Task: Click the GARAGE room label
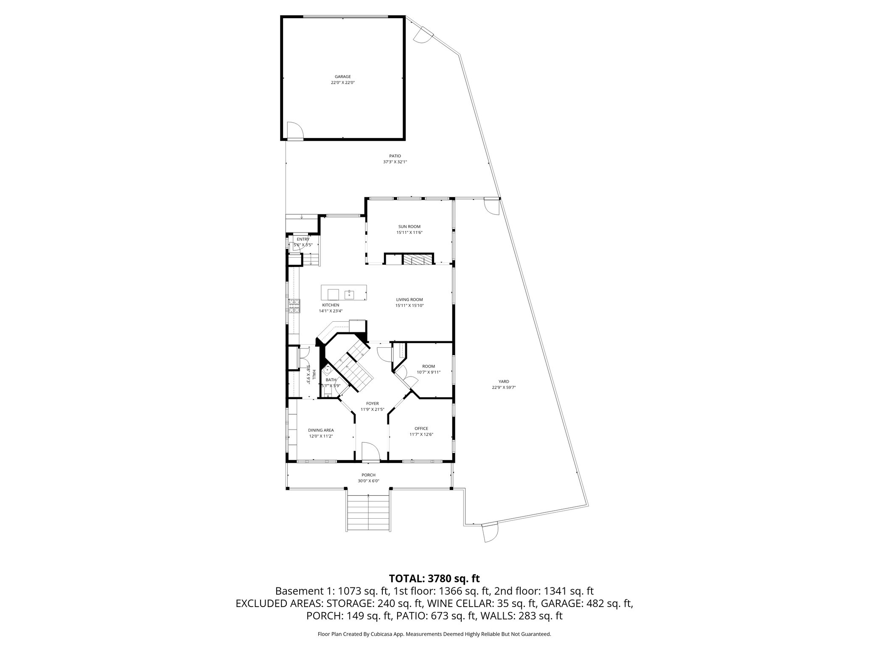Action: click(x=342, y=77)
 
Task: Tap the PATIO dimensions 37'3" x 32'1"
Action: click(x=395, y=162)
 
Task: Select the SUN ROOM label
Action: click(x=409, y=227)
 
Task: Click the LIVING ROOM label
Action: click(x=409, y=300)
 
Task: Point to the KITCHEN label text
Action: click(x=331, y=305)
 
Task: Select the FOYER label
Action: click(x=373, y=404)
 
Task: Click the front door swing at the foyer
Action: click(x=369, y=452)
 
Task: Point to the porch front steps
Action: click(x=368, y=513)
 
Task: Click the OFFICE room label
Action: click(x=421, y=428)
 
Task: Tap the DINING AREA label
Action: click(x=321, y=430)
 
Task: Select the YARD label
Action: click(x=504, y=382)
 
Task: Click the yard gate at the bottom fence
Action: click(x=489, y=532)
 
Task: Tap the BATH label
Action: click(x=331, y=380)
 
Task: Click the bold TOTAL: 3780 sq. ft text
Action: click(x=434, y=578)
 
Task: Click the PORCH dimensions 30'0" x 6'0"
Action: click(x=368, y=481)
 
